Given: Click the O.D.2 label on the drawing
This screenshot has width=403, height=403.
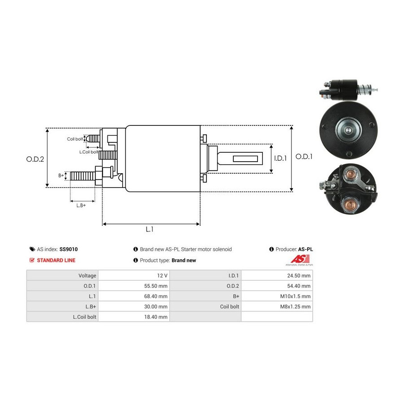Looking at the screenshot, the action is click(35, 159).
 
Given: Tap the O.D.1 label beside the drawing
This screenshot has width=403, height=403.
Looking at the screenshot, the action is click(304, 157).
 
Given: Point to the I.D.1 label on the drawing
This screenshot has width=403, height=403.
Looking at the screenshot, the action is click(280, 159).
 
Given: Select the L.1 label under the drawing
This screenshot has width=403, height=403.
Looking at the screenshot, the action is click(150, 229).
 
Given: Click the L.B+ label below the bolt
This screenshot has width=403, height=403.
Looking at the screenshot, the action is click(81, 206).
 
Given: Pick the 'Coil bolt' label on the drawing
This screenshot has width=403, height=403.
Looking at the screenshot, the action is click(75, 139).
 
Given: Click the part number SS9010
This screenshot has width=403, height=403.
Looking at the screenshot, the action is click(69, 249).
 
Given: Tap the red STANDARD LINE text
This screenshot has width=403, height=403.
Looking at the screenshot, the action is click(56, 260).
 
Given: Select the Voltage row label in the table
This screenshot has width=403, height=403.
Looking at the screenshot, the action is click(87, 275).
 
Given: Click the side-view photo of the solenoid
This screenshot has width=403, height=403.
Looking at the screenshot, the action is click(348, 90).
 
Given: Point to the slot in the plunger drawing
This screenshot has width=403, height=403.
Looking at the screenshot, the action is click(245, 159).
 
